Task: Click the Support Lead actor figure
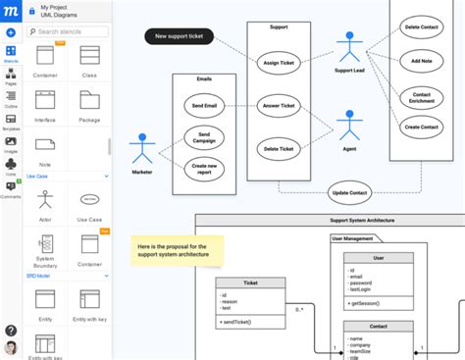pyautogui.click(x=348, y=50)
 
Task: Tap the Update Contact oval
pyautogui.click(x=350, y=191)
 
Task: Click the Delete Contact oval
pyautogui.click(x=420, y=28)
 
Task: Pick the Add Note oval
pyautogui.click(x=422, y=61)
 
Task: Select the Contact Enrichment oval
pyautogui.click(x=422, y=96)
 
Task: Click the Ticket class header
pyautogui.click(x=250, y=282)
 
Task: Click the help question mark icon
pyautogui.click(x=11, y=331)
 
